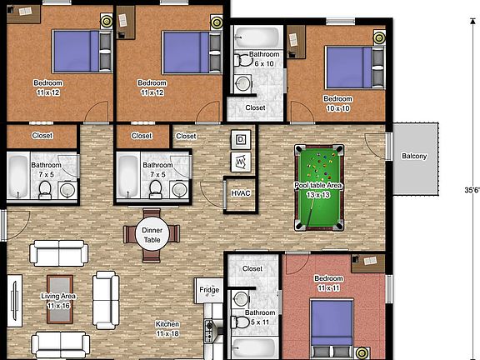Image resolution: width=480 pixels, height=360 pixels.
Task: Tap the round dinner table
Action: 152,235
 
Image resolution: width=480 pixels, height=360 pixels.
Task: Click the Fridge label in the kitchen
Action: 209,290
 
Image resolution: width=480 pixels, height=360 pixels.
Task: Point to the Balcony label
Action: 414,157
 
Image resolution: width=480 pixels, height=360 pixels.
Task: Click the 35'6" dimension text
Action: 471,191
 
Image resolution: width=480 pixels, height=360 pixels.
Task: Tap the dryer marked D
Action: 242,139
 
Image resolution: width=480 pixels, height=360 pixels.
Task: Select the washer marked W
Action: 241,160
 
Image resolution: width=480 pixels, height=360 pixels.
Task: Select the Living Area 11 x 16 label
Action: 58,301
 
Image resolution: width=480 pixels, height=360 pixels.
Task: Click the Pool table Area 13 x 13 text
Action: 317,190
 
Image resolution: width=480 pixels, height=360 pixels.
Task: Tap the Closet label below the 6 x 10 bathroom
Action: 256,107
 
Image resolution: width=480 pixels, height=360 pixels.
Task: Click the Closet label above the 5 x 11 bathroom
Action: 252,269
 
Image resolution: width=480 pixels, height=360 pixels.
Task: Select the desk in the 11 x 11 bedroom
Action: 367,263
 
